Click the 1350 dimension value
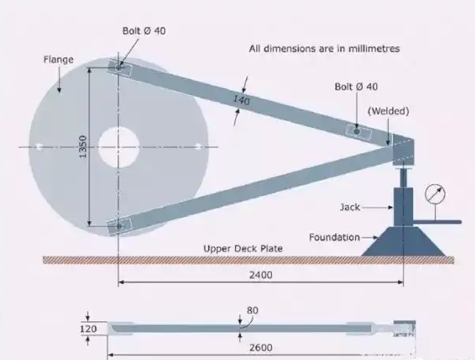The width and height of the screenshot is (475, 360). [82, 146]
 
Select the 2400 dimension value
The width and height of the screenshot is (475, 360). [261, 276]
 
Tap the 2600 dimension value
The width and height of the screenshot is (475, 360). [252, 346]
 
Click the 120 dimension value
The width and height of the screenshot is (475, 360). [89, 329]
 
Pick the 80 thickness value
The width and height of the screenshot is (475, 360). [252, 311]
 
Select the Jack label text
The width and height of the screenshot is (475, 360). [350, 208]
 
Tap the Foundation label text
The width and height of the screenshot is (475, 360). [334, 237]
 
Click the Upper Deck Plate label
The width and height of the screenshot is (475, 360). [243, 249]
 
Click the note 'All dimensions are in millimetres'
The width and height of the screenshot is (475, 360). [325, 49]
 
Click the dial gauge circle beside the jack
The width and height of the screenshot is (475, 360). [433, 193]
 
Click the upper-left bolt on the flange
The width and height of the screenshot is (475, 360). [118, 68]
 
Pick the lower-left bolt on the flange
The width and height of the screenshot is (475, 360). [118, 227]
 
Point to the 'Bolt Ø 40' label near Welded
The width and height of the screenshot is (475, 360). [356, 87]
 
